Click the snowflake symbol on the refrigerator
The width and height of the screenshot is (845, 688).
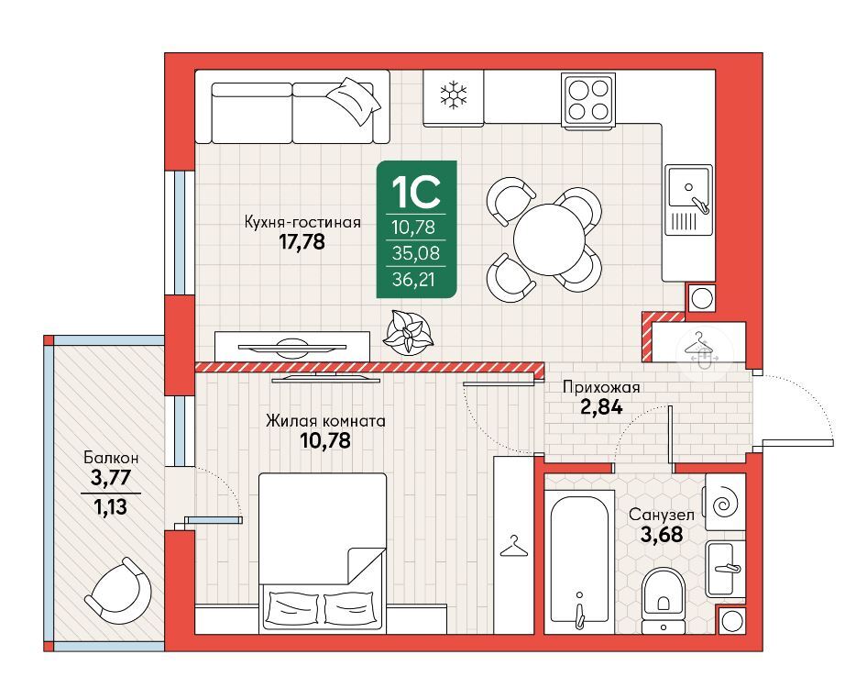tap(454, 95)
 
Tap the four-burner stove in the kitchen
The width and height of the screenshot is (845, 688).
tap(587, 101)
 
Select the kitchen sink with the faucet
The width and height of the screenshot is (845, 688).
tap(688, 200)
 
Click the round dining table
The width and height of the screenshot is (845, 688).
tap(549, 239)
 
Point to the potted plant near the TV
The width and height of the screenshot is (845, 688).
tap(408, 332)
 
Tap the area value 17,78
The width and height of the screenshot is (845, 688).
tap(302, 242)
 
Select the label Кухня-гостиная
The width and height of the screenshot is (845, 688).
tap(302, 222)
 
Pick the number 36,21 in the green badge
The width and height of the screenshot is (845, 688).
tap(413, 279)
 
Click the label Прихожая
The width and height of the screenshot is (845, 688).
tap(601, 387)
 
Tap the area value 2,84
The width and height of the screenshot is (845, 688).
tap(601, 406)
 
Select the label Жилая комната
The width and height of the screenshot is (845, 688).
tap(325, 421)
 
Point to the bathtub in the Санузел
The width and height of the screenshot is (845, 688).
tap(579, 561)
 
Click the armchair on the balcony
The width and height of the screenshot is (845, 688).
tap(117, 589)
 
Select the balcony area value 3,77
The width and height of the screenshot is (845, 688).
tap(111, 478)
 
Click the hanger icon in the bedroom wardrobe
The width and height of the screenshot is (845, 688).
tap(514, 546)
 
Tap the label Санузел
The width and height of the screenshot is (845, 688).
tap(661, 515)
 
